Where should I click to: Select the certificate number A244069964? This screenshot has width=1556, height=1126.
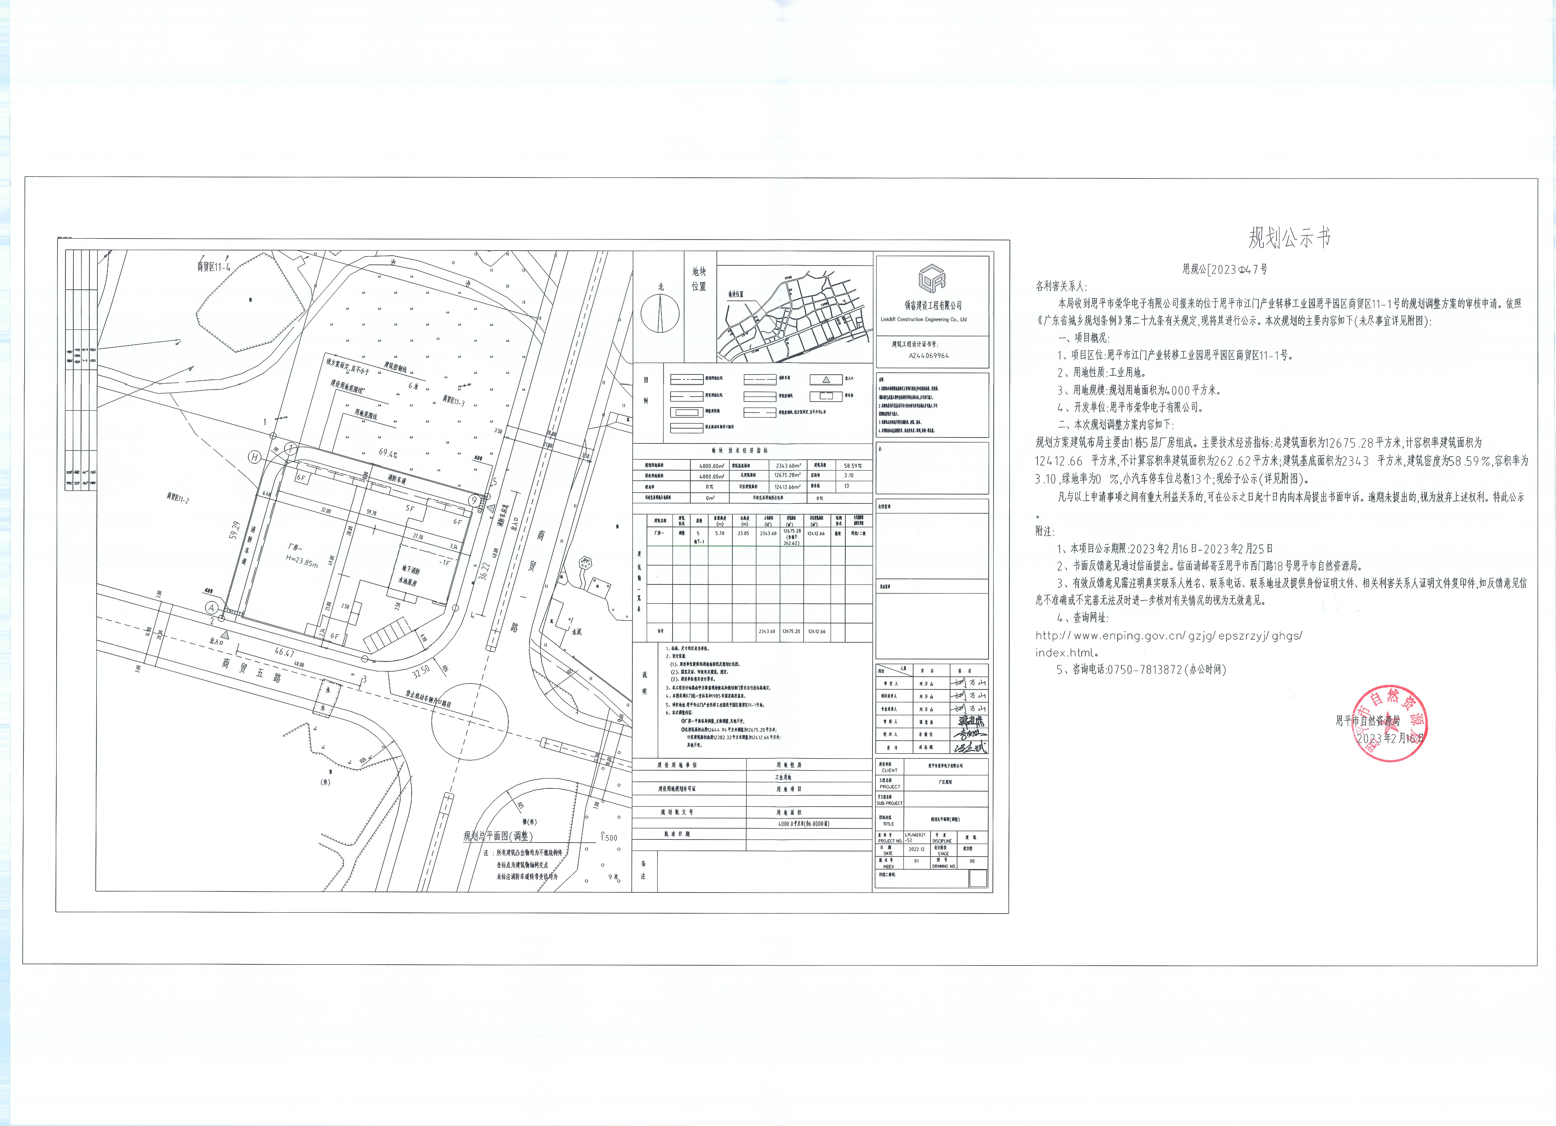pos(929,356)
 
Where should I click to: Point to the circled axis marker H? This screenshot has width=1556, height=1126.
pos(254,457)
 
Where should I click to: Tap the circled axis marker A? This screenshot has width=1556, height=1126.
pos(211,607)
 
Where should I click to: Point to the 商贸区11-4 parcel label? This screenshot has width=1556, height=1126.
pos(213,266)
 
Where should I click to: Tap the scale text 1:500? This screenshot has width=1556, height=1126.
pos(609,838)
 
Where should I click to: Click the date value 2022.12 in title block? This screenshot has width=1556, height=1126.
pos(917,849)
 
